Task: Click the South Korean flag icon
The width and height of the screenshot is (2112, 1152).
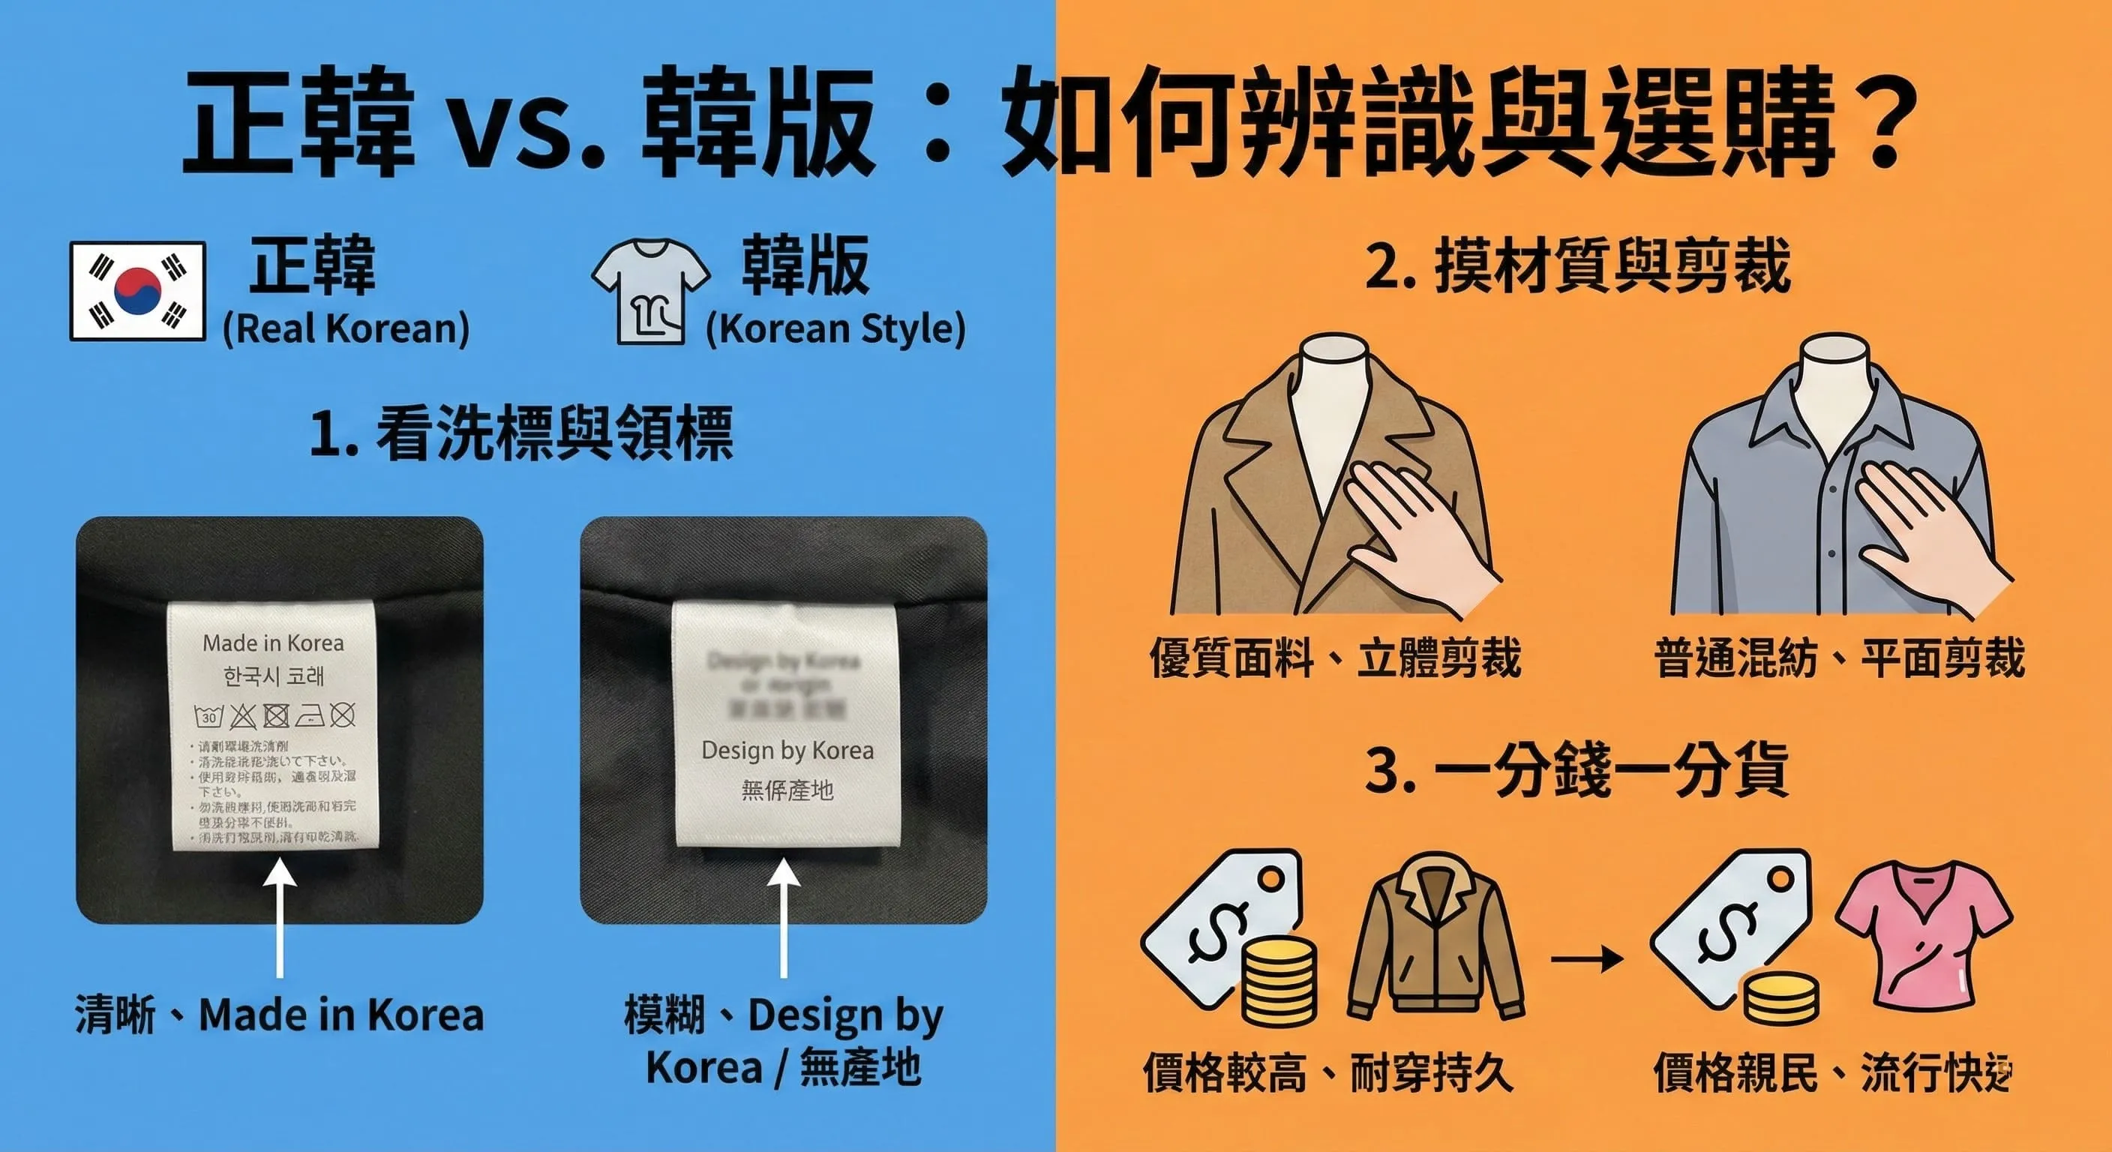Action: click(137, 291)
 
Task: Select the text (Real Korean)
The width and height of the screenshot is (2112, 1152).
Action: click(346, 328)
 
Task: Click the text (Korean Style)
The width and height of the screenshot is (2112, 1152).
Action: click(835, 328)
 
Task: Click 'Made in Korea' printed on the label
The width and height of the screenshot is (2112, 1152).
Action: click(273, 643)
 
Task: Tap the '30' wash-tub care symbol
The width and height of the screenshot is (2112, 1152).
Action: click(209, 716)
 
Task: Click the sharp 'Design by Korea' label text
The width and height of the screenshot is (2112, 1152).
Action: click(787, 750)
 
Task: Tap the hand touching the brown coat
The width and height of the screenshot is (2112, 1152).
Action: click(1418, 533)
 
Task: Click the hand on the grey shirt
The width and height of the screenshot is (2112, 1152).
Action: click(1927, 533)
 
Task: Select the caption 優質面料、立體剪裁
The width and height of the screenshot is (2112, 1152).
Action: click(1335, 658)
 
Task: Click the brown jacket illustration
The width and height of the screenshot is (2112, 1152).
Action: click(1435, 939)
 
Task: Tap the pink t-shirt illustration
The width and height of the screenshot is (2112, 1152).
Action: click(1922, 943)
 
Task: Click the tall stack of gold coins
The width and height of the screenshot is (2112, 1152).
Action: click(1279, 979)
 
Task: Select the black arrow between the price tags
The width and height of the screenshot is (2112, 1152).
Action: click(1587, 958)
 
